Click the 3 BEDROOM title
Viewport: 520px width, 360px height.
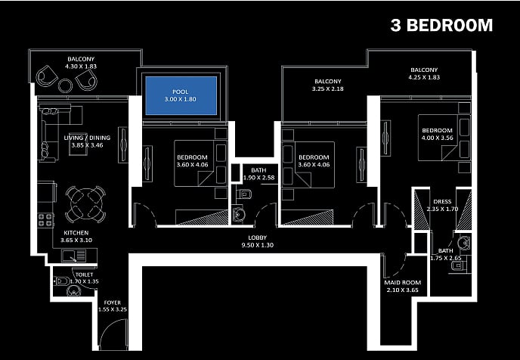[441, 25]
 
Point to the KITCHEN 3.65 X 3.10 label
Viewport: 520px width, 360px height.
[76, 237]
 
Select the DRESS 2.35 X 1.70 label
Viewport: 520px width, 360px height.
[442, 205]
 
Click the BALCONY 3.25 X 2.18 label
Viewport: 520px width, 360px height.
[327, 85]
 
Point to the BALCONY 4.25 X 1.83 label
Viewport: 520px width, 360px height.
[423, 73]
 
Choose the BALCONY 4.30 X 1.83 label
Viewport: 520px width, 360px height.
[81, 61]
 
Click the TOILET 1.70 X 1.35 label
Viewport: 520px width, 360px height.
[84, 278]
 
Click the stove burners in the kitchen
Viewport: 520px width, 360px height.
[46, 220]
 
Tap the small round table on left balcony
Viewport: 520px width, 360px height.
[66, 85]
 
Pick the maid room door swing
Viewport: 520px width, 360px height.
[395, 265]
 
